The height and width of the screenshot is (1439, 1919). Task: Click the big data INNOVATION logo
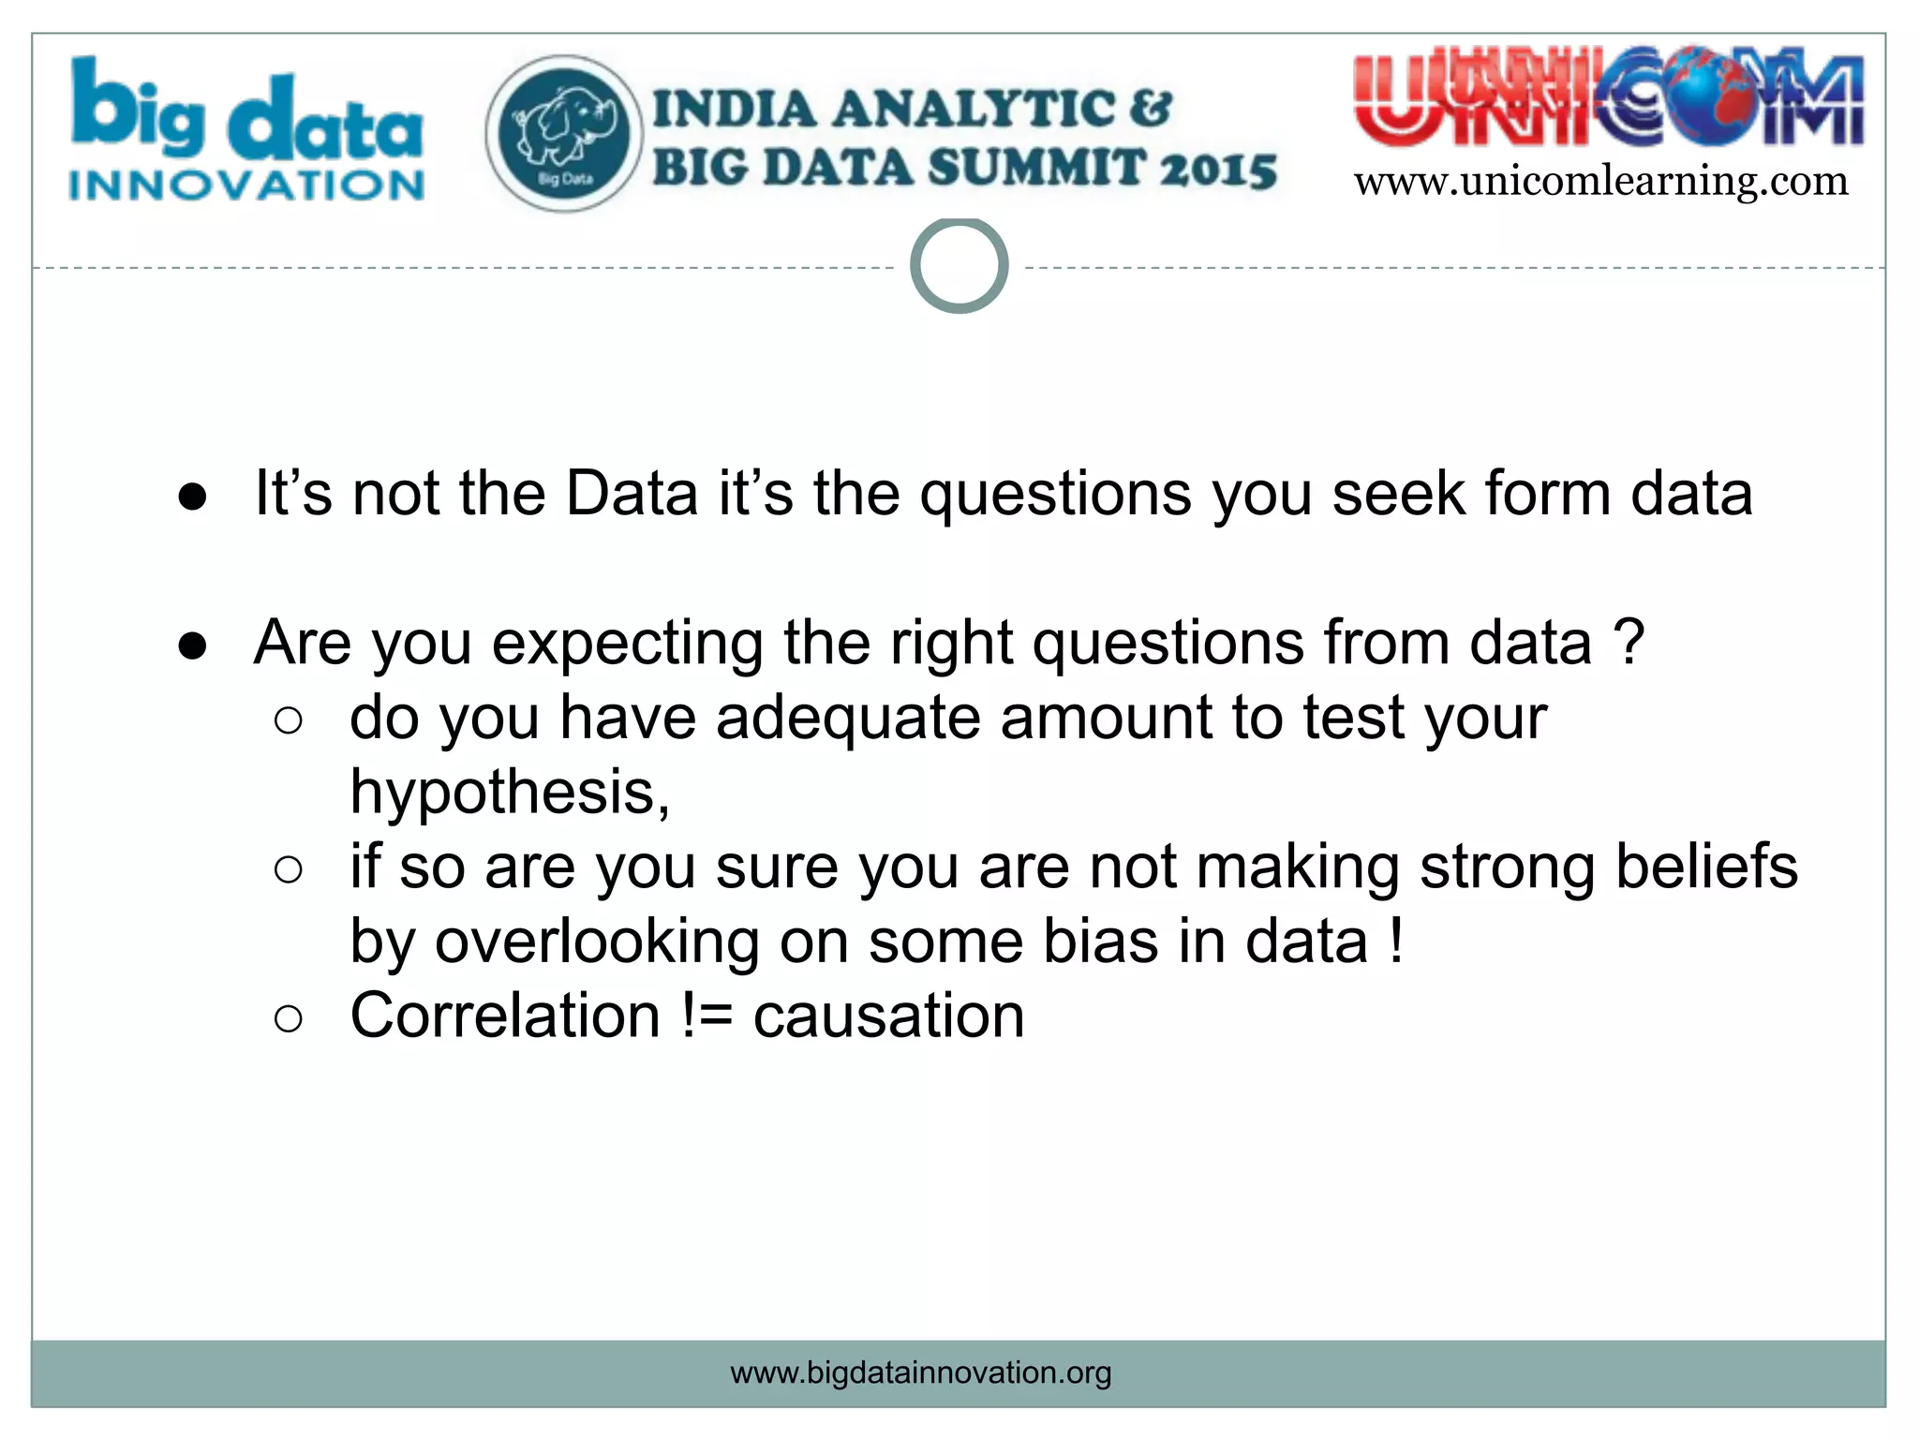coord(246,131)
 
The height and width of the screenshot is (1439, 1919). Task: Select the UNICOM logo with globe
coord(1608,99)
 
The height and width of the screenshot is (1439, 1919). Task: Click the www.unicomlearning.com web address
coord(1600,181)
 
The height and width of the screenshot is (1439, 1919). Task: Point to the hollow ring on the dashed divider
coord(959,266)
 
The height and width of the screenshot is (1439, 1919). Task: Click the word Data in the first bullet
coord(632,494)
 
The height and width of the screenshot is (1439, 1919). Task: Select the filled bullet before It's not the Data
coord(192,497)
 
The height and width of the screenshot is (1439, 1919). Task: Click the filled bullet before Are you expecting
coord(192,646)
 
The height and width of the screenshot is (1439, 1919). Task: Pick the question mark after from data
coord(1629,643)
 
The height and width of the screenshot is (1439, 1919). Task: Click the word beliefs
coord(1706,867)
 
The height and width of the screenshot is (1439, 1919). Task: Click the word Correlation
coord(506,1016)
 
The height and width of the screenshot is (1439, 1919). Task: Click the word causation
coord(888,1016)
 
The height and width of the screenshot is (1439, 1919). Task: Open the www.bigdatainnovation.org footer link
coord(920,1372)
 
